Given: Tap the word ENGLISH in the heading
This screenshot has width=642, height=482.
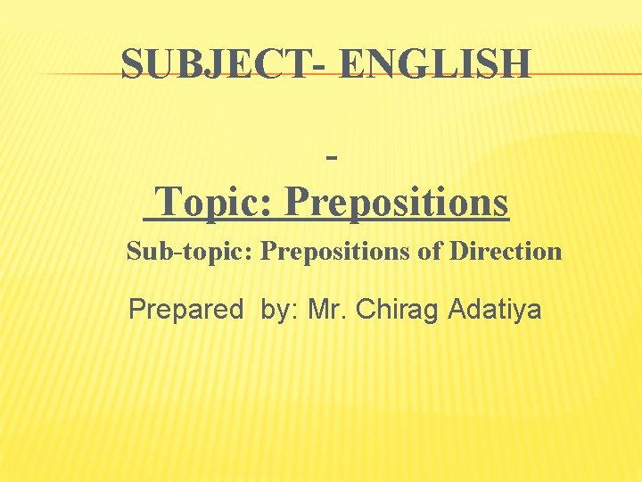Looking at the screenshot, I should pos(436,64).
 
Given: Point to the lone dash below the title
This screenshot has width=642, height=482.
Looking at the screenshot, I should pos(332,159).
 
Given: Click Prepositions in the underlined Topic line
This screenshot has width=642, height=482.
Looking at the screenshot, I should pos(397,203).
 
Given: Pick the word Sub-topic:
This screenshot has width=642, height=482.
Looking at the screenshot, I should pos(191,252).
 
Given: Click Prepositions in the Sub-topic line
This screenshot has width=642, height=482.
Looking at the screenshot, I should pos(336,252).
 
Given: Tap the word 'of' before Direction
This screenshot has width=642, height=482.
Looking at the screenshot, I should pos(431,252).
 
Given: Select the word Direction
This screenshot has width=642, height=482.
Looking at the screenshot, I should pos(505,252).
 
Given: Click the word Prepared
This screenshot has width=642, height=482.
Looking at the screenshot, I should pos(185,310).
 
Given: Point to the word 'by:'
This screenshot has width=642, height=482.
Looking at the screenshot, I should pos(280,310).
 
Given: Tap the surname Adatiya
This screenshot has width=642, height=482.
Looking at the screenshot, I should pos(495,310).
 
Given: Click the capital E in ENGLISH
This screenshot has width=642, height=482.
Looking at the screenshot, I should pos(352,64).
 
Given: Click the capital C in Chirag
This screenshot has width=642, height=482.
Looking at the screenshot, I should pos(365,310).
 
